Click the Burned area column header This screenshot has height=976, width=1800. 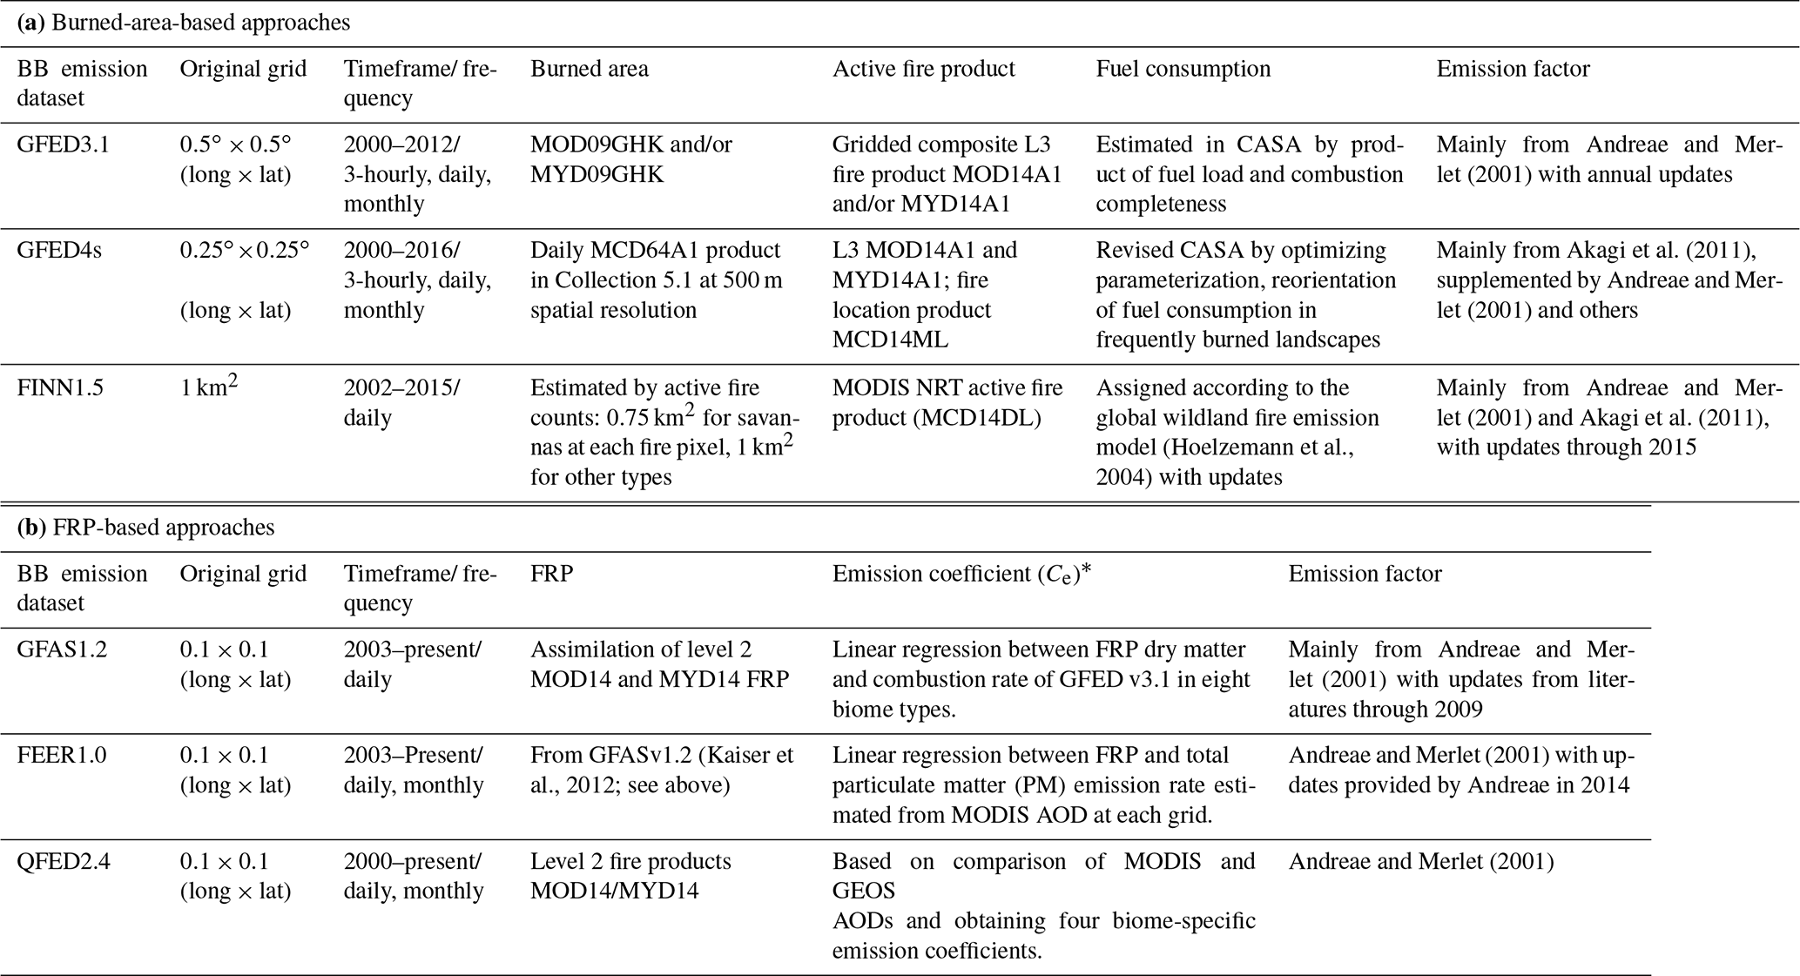pos(590,69)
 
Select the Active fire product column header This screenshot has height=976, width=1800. pos(923,69)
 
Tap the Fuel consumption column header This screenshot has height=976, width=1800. pos(1183,69)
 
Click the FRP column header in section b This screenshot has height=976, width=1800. pos(551,574)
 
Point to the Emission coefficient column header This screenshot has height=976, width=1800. pos(961,574)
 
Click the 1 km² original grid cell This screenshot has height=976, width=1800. pos(208,387)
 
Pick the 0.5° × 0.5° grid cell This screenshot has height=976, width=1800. pos(235,145)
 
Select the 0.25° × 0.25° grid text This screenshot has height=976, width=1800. pos(244,251)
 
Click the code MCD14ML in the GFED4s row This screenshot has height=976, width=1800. pos(890,340)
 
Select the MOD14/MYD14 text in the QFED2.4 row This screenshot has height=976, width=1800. pos(614,891)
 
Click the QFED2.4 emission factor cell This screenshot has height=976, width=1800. pos(1421,861)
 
